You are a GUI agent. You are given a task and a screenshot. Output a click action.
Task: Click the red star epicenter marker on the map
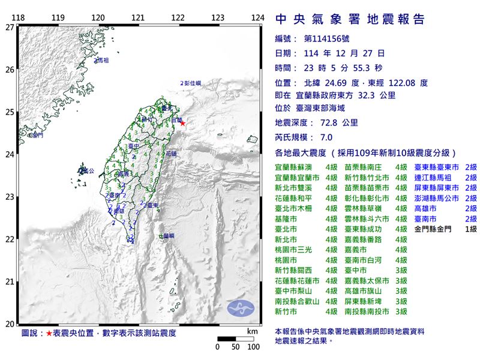point(183,124)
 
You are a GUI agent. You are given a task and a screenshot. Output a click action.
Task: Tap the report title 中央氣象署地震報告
point(350,20)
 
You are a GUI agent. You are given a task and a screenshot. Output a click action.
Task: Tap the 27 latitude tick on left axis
point(9,27)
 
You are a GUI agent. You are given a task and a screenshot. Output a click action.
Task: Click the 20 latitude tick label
point(9,324)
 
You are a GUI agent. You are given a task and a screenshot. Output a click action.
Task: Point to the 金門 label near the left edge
point(37,136)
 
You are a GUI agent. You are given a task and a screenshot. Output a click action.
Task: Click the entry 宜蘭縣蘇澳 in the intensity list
point(294,167)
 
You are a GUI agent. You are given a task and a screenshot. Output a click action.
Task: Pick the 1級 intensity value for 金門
point(469,229)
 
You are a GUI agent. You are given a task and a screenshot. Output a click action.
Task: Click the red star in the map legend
point(49,333)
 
